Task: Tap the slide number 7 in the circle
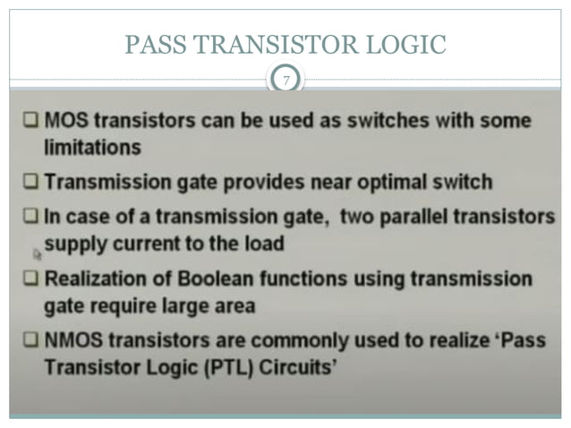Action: coord(285,81)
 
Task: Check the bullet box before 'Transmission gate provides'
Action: coord(30,183)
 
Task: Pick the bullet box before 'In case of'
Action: coord(30,218)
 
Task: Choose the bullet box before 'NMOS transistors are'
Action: coord(30,341)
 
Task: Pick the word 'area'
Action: coord(232,305)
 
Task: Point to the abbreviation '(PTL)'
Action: coord(217,367)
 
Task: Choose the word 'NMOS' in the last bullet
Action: coord(74,341)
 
